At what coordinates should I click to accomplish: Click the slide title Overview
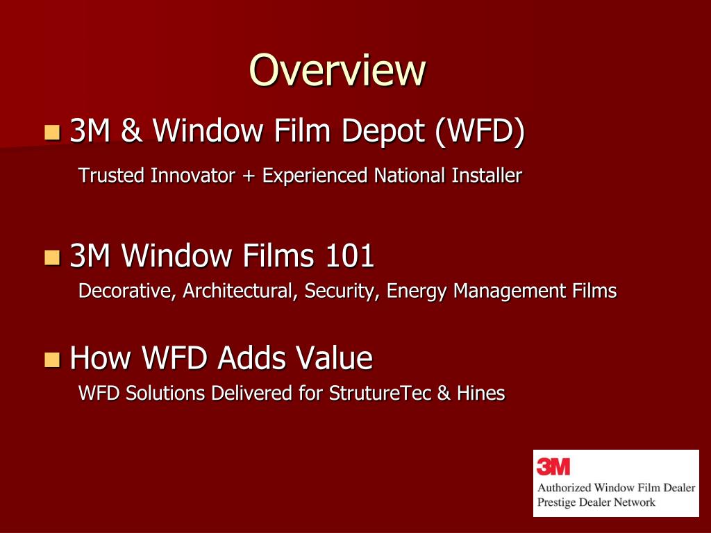pyautogui.click(x=337, y=70)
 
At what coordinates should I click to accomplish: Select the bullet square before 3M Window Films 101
pyautogui.click(x=52, y=258)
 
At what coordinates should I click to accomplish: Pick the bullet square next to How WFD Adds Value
pyautogui.click(x=52, y=359)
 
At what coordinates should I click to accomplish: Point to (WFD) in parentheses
pyautogui.click(x=479, y=132)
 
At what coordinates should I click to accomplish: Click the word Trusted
pyautogui.click(x=112, y=176)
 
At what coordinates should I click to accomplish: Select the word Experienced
pyautogui.click(x=315, y=176)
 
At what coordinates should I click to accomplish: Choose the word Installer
pyautogui.click(x=486, y=176)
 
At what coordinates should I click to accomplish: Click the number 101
pyautogui.click(x=349, y=257)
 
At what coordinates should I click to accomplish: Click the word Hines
pyautogui.click(x=480, y=394)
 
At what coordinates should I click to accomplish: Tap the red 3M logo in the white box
pyautogui.click(x=553, y=466)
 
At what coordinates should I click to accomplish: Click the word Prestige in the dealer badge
pyautogui.click(x=557, y=502)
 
